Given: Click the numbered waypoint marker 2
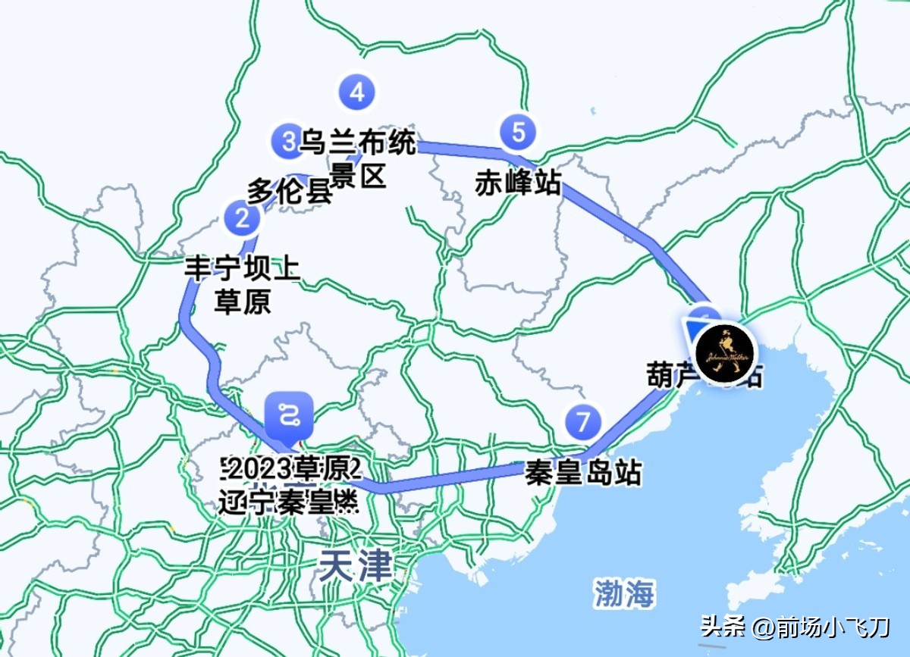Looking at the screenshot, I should [x=242, y=219].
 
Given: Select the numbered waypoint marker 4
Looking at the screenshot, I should [x=356, y=92].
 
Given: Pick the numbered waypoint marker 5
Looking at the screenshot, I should [x=518, y=132].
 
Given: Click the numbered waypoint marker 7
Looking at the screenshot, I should [x=582, y=421].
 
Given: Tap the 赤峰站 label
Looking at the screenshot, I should [x=518, y=183].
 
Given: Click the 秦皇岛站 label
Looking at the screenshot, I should [x=583, y=474].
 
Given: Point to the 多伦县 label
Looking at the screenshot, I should [x=290, y=191].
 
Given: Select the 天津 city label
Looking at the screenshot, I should [x=356, y=565].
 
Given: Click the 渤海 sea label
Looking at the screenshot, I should [x=624, y=593].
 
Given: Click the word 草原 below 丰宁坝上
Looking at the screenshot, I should [x=243, y=302].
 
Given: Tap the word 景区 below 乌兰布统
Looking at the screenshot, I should [x=359, y=176].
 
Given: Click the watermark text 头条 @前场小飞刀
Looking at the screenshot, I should [x=794, y=627].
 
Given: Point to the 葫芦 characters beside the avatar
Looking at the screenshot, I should [x=669, y=374].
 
